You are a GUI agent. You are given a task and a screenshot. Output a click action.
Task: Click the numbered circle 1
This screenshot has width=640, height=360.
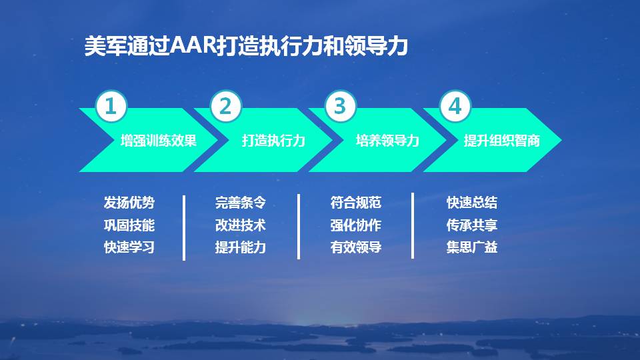(111, 107)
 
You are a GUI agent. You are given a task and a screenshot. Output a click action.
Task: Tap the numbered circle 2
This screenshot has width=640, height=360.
(226, 107)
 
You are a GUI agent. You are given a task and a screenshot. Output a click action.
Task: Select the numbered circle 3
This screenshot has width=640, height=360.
(341, 107)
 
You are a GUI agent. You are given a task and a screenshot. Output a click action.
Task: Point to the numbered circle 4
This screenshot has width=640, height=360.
(455, 107)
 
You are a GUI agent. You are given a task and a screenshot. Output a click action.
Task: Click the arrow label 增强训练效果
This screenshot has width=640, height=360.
(159, 141)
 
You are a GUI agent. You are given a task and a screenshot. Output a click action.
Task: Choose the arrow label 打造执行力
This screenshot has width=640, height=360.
(273, 141)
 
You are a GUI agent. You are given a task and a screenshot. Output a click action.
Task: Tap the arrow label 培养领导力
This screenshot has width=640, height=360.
(388, 141)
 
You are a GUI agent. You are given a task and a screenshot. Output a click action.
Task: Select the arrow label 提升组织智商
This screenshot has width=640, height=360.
(502, 141)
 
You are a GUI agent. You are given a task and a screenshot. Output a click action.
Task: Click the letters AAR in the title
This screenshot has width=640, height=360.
(193, 47)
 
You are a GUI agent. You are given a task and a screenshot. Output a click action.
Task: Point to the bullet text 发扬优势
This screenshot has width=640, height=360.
(129, 203)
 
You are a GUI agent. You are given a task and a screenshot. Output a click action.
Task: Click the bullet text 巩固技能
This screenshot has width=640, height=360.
(129, 225)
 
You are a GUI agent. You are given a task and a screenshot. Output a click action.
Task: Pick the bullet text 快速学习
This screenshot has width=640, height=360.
(129, 247)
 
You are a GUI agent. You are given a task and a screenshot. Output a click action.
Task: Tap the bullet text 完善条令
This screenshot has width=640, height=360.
(241, 203)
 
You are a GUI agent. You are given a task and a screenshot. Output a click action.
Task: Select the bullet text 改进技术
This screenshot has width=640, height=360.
(241, 225)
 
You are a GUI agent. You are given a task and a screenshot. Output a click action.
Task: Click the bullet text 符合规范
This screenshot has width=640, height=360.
(356, 203)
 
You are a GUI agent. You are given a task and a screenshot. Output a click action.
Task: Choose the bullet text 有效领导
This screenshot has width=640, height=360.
(356, 247)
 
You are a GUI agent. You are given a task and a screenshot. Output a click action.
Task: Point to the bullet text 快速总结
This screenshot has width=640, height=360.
(472, 203)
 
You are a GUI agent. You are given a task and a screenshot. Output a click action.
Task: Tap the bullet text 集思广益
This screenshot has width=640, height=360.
(472, 247)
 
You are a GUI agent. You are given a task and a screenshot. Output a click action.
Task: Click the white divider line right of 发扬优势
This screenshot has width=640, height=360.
(183, 227)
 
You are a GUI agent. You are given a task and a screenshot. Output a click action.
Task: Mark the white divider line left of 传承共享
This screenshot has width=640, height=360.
(413, 225)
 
